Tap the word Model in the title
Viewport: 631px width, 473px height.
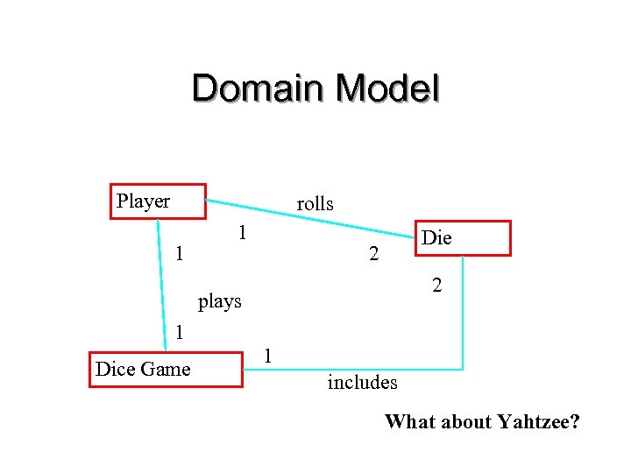(386, 89)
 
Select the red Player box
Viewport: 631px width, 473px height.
(158, 201)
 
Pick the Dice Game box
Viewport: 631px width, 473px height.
(166, 370)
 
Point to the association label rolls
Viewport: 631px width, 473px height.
(315, 204)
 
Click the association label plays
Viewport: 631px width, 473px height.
(219, 302)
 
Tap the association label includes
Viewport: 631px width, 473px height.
(362, 382)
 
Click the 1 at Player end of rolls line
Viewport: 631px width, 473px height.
(243, 233)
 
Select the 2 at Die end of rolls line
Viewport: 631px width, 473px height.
(374, 255)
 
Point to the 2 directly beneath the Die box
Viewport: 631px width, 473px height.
(436, 286)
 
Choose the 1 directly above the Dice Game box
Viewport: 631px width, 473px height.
(179, 333)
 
